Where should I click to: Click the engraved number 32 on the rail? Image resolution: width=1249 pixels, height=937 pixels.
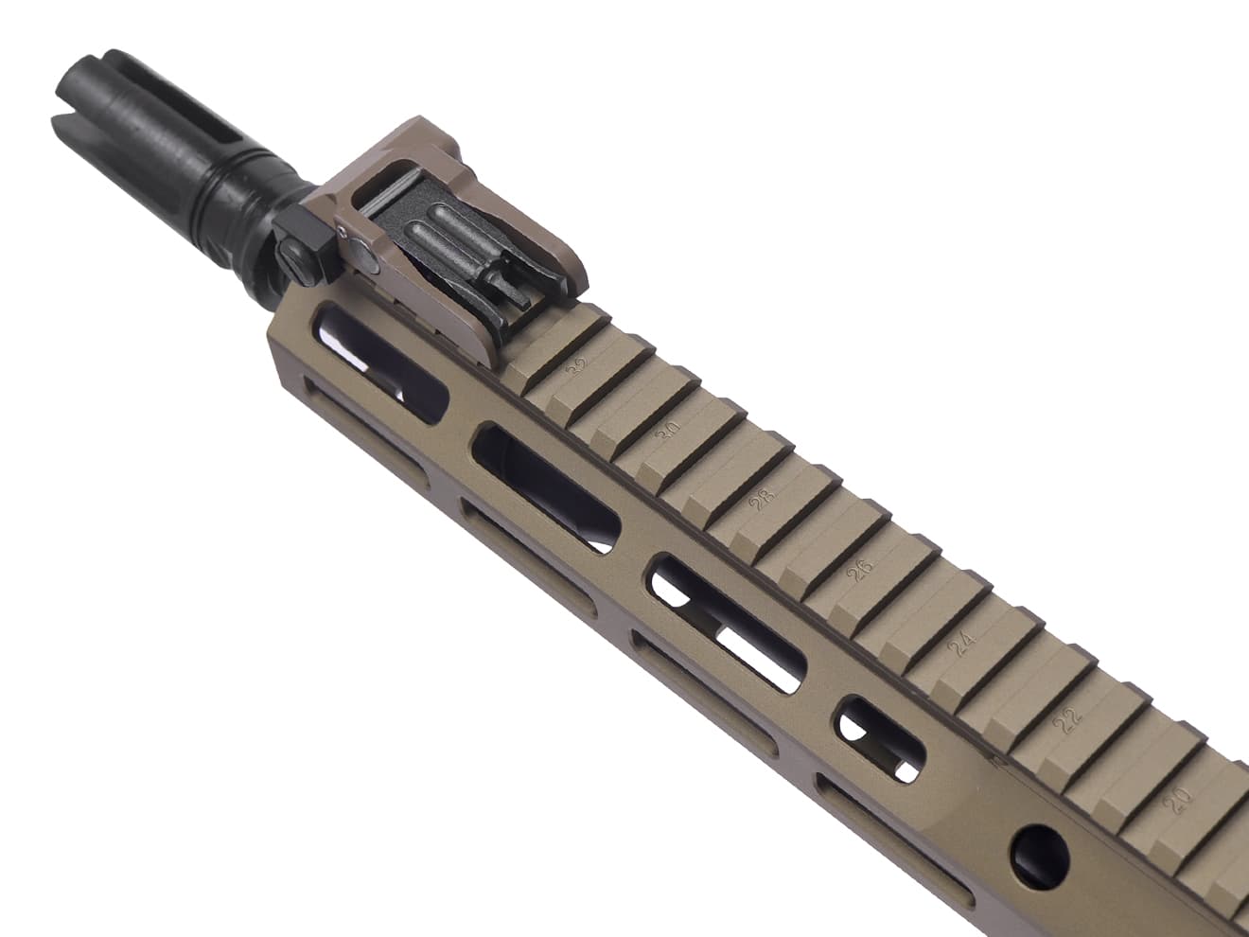[575, 365]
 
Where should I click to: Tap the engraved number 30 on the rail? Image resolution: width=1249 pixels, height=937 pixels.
[670, 429]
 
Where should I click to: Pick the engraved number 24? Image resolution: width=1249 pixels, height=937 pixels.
[962, 644]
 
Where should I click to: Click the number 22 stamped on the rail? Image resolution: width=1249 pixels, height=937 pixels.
[1069, 719]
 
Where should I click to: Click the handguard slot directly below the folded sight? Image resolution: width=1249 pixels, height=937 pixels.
[378, 360]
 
